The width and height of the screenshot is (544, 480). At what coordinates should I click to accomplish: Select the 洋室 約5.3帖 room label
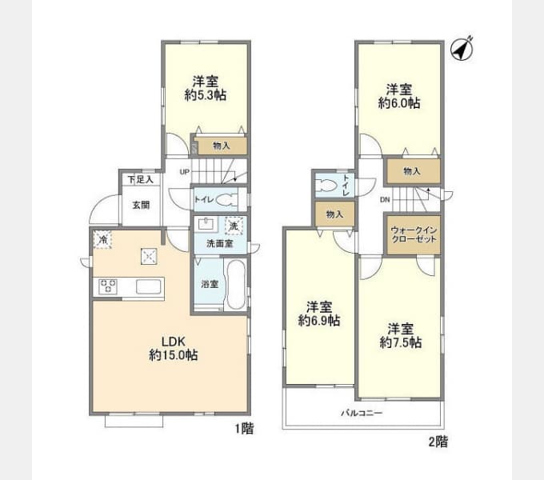click(206, 88)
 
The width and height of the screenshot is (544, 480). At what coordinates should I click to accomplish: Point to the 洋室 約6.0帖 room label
click(399, 95)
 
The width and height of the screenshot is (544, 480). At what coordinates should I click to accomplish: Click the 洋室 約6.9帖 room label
click(319, 314)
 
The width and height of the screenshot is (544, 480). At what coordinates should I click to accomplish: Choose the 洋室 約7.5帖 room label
click(401, 335)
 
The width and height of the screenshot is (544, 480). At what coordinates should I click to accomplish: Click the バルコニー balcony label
click(363, 414)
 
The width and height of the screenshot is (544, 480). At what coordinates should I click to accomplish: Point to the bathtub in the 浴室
click(234, 285)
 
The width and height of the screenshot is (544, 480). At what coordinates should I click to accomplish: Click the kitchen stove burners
click(109, 286)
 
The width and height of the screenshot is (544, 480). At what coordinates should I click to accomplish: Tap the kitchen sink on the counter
click(150, 286)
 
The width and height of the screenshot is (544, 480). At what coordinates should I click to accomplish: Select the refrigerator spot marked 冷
click(102, 238)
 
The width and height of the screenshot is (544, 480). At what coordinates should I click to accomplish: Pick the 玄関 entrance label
click(141, 205)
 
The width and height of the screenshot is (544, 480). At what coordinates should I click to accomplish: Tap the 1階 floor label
click(245, 429)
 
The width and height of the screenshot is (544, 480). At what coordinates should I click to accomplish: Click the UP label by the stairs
click(184, 172)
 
